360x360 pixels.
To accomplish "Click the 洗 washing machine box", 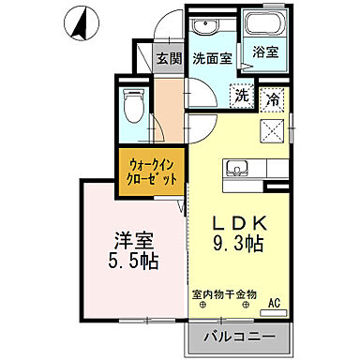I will [x=241, y=96].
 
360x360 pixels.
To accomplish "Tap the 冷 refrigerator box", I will [x=273, y=96].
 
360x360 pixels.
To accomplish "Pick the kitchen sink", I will [x=236, y=170].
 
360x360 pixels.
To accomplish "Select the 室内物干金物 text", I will [x=225, y=294].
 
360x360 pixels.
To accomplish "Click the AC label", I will [x=275, y=303].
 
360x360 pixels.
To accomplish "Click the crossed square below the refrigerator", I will [x=274, y=129].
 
